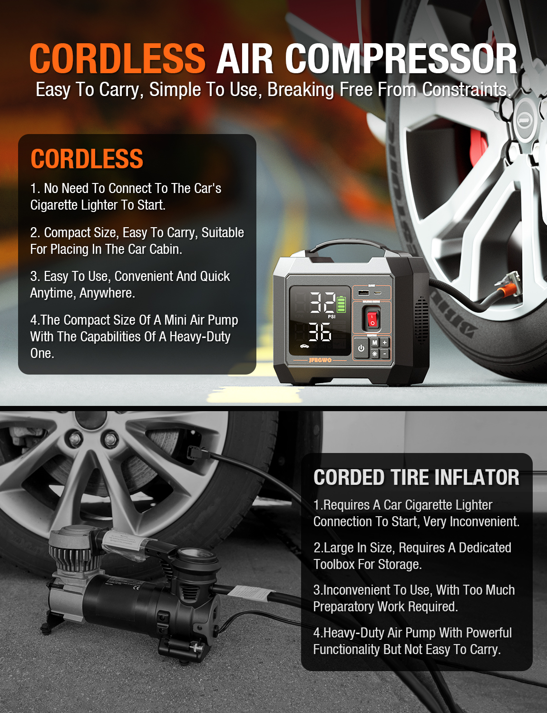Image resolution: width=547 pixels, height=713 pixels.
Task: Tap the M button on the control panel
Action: [x=375, y=343]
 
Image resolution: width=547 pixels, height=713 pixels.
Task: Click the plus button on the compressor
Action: [x=385, y=343]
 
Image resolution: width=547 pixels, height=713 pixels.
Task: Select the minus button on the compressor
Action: [x=385, y=354]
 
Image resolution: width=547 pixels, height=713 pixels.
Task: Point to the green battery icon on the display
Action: [x=341, y=304]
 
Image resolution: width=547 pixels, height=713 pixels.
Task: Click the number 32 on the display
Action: [x=322, y=302]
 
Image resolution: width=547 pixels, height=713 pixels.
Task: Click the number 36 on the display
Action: [x=320, y=332]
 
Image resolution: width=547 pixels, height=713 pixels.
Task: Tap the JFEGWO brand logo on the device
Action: [x=320, y=360]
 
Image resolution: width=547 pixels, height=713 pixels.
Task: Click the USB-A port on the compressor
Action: [x=363, y=292]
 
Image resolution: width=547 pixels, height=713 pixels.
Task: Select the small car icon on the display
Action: [x=304, y=346]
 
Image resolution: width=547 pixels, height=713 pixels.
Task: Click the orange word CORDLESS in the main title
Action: [x=117, y=59]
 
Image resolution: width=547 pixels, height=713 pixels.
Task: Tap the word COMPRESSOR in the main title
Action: [x=401, y=59]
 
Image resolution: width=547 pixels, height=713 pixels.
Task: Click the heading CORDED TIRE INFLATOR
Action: [x=416, y=477]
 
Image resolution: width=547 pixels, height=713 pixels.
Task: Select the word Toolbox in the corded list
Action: [x=334, y=564]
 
